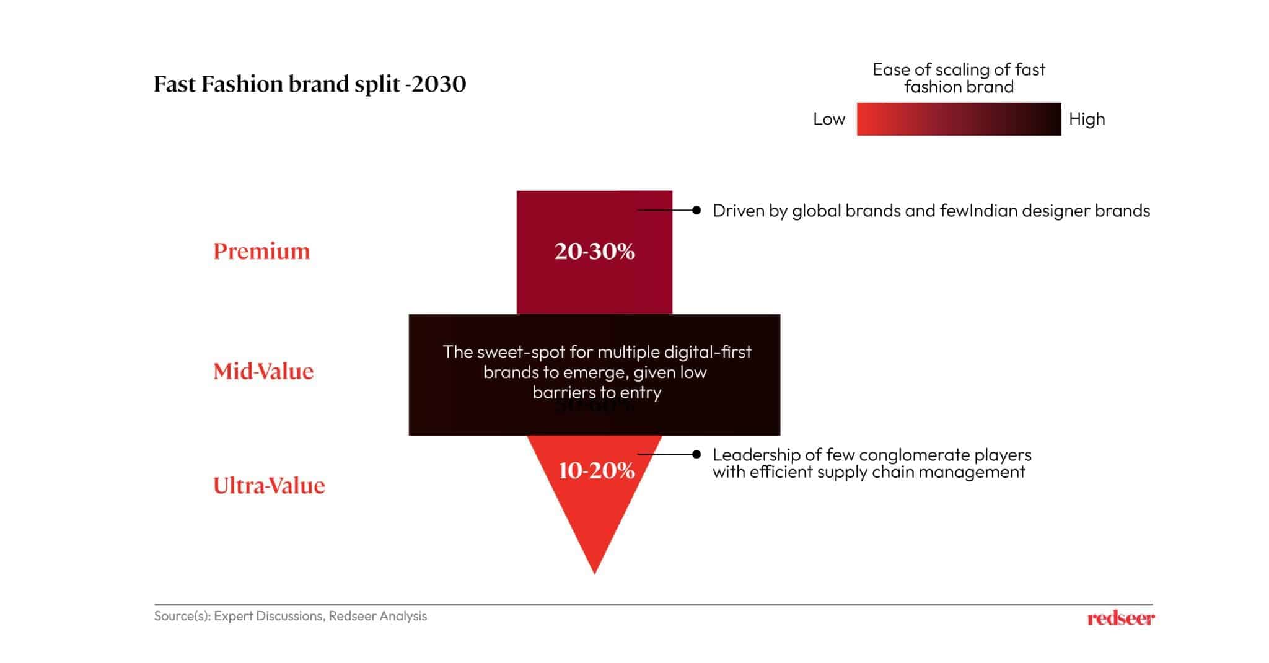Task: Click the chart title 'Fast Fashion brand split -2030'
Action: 309,84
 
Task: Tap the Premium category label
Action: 261,251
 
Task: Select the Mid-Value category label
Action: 263,371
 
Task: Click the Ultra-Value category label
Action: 269,485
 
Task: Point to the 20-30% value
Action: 594,251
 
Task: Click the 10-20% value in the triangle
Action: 597,470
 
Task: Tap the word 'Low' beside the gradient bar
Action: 828,119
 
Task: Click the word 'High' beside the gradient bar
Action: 1086,119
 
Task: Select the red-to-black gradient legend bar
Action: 959,119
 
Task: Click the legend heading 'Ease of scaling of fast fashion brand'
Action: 959,78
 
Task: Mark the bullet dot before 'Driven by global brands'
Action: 696,211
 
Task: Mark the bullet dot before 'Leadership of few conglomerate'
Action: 696,454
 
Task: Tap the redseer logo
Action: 1120,618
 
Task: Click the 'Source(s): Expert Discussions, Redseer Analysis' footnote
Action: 290,616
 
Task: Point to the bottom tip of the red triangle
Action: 594,572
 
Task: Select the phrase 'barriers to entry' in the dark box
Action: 597,392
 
